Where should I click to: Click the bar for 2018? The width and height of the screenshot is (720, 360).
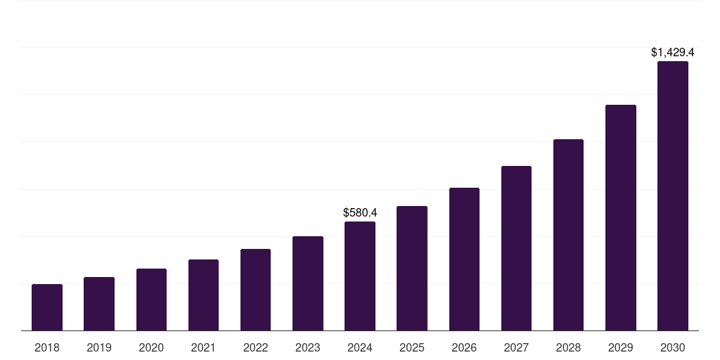click(x=47, y=307)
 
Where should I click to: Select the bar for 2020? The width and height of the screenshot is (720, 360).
click(x=151, y=300)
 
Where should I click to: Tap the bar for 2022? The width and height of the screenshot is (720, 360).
click(x=255, y=290)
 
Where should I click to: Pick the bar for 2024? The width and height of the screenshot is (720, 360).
click(x=360, y=276)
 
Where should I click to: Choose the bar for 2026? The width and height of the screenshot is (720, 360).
click(x=464, y=259)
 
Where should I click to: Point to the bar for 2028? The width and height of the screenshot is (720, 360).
click(x=568, y=235)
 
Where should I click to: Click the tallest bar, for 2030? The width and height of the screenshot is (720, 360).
click(x=673, y=196)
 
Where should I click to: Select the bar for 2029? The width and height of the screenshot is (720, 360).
click(x=621, y=218)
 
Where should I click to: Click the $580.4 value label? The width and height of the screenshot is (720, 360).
click(x=360, y=212)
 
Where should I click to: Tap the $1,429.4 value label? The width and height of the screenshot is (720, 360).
click(x=673, y=52)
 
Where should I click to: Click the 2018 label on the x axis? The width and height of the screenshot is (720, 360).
click(x=47, y=347)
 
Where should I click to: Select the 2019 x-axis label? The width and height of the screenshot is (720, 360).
click(x=99, y=347)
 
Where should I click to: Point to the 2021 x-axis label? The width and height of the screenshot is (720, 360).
click(x=203, y=347)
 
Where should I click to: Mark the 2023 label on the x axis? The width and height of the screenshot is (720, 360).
click(x=308, y=347)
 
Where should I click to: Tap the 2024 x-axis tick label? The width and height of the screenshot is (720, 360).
click(x=360, y=347)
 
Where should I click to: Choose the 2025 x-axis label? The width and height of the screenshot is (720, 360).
click(x=412, y=347)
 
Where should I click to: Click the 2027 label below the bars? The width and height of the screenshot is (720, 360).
click(x=516, y=347)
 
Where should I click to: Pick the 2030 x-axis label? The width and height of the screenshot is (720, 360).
click(x=673, y=347)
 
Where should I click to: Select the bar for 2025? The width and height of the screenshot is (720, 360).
click(x=412, y=269)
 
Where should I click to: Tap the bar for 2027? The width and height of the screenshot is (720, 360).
click(x=516, y=248)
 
